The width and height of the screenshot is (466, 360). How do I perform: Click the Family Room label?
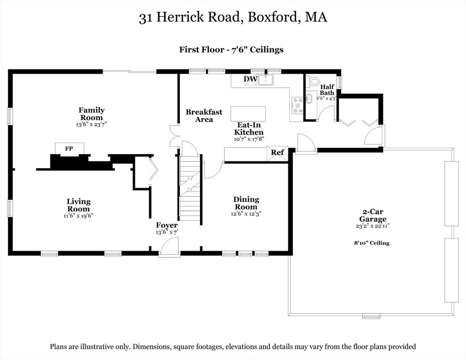pyautogui.click(x=91, y=114)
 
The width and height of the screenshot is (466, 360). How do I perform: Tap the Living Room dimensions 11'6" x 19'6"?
pyautogui.click(x=78, y=216)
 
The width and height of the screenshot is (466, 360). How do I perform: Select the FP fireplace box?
pyautogui.click(x=69, y=149)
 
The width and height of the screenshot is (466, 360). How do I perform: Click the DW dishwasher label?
pyautogui.click(x=250, y=79)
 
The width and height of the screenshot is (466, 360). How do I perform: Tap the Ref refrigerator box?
pyautogui.click(x=277, y=153)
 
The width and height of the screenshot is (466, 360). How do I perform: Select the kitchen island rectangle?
pyautogui.click(x=248, y=114)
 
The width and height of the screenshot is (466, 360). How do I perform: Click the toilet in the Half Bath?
pyautogui.click(x=314, y=81)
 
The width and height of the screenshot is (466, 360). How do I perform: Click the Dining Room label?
pyautogui.click(x=246, y=203)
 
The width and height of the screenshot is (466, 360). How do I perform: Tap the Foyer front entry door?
pyautogui.click(x=170, y=247)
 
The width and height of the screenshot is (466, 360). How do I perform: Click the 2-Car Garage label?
pyautogui.click(x=373, y=216)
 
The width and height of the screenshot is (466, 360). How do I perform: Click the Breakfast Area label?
pyautogui.click(x=204, y=116)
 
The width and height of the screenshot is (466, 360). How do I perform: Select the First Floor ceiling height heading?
pyautogui.click(x=231, y=49)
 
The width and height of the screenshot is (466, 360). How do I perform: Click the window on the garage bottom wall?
pyautogui.click(x=371, y=316)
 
